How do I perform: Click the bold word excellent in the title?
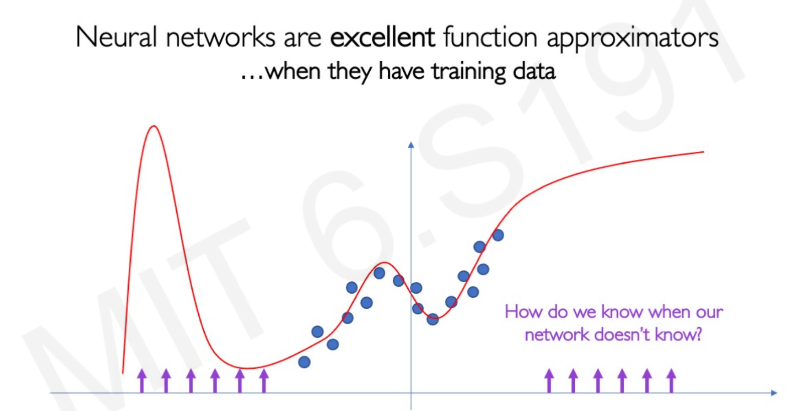383,37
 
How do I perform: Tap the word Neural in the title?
116,37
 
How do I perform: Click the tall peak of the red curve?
154,127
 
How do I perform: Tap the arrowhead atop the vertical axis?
411,145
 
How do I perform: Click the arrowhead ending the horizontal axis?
774,392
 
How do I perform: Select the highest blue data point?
498,235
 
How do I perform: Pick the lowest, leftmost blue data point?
304,362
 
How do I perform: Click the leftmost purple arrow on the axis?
141,381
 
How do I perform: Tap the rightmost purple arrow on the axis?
671,381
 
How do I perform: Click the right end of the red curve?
703,152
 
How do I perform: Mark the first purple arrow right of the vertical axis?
549,381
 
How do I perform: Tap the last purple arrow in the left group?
264,381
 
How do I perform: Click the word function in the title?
490,37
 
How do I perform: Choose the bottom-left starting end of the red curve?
123,373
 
